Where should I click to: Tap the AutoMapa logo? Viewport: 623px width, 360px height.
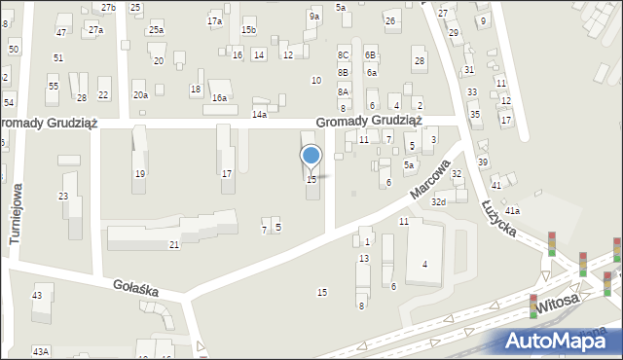point(554,341)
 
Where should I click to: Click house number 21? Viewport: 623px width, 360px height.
point(174,244)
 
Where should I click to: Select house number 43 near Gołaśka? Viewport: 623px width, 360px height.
point(37,295)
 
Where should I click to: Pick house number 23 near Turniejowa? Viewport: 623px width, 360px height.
point(63,197)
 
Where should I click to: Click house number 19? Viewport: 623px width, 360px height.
point(140,173)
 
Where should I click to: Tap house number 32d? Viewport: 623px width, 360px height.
point(439,201)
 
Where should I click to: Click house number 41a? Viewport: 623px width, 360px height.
point(512,210)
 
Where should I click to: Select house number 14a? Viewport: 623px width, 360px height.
point(259,114)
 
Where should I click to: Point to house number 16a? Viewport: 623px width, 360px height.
point(220,97)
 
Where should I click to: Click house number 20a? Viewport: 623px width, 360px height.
point(141,94)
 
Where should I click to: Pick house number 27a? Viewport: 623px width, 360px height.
point(95,30)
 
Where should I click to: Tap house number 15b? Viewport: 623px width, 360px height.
point(249,30)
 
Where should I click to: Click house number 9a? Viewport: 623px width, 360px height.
point(313,17)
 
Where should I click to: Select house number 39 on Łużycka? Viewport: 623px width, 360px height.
point(483,162)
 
